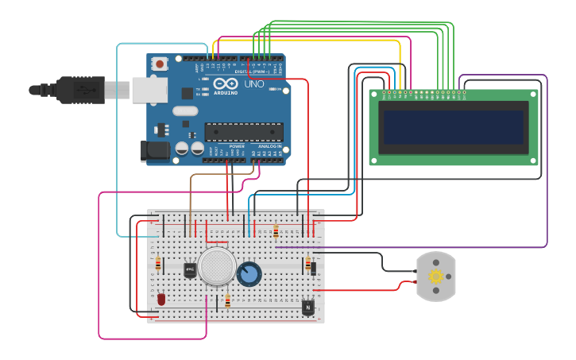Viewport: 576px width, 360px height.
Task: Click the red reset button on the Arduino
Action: click(x=160, y=64)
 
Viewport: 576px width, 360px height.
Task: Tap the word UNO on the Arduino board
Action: click(x=254, y=83)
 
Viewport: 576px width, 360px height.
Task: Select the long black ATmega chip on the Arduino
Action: click(x=243, y=132)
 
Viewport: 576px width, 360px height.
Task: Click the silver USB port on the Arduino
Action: click(x=149, y=90)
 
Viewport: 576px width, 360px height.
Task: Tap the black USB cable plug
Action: click(x=79, y=89)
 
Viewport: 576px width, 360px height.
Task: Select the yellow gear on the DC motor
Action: click(x=436, y=277)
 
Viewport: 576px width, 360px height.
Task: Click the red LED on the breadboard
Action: click(x=161, y=300)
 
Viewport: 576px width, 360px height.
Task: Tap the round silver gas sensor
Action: click(x=217, y=266)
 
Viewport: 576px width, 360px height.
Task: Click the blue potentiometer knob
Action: click(x=249, y=274)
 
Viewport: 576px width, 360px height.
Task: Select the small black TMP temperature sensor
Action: click(x=190, y=270)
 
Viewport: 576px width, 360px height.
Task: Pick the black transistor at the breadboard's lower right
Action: click(x=307, y=306)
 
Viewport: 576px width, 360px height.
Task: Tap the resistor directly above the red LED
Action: click(x=157, y=264)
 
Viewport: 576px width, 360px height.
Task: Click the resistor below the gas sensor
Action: click(x=227, y=301)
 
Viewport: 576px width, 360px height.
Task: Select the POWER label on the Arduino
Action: click(x=237, y=146)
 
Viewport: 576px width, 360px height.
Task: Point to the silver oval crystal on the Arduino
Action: click(x=184, y=110)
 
